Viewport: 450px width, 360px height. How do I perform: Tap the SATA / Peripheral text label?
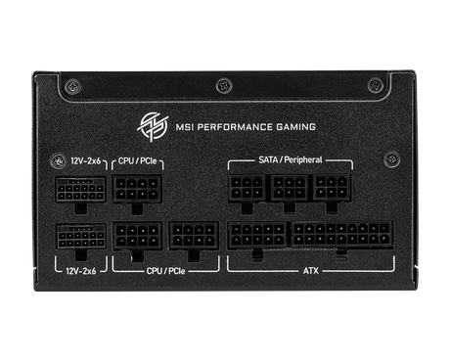(x=290, y=158)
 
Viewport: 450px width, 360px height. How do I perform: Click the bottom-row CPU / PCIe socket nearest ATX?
(x=193, y=236)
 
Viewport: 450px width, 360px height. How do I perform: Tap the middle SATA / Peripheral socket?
(x=291, y=188)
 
